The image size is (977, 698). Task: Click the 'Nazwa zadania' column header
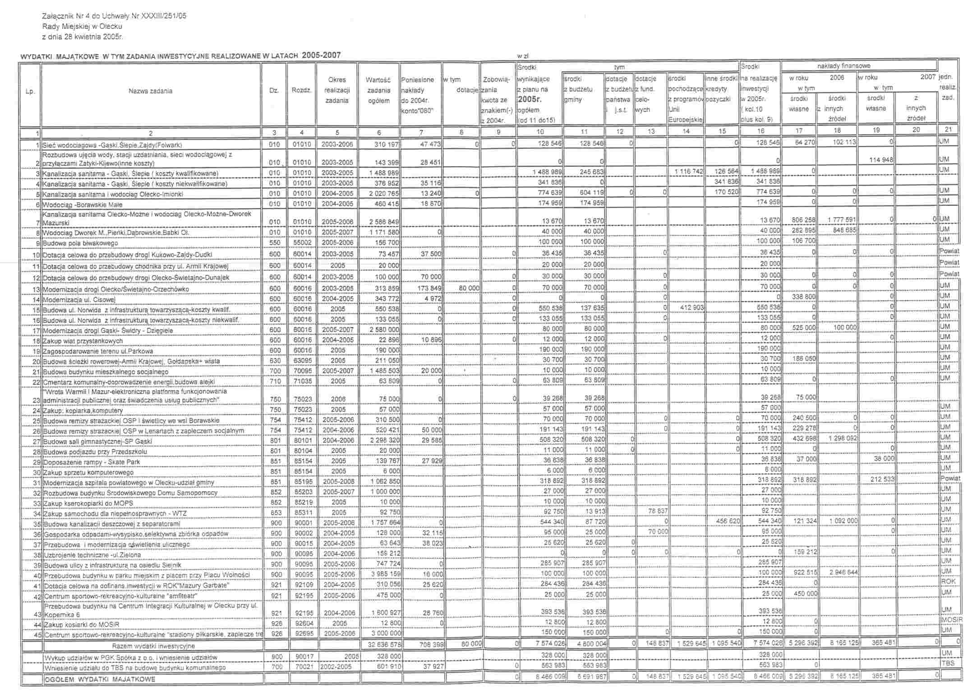(x=150, y=91)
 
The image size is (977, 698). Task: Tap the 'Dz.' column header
(x=273, y=90)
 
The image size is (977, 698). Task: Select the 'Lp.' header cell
(x=30, y=91)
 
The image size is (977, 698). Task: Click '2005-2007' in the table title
(x=321, y=56)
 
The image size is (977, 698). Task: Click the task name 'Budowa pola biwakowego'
(x=80, y=243)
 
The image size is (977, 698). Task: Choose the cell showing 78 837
(x=651, y=511)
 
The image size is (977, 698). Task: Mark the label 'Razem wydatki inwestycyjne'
(x=153, y=646)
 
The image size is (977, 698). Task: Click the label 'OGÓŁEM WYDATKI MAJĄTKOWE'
(x=100, y=679)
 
